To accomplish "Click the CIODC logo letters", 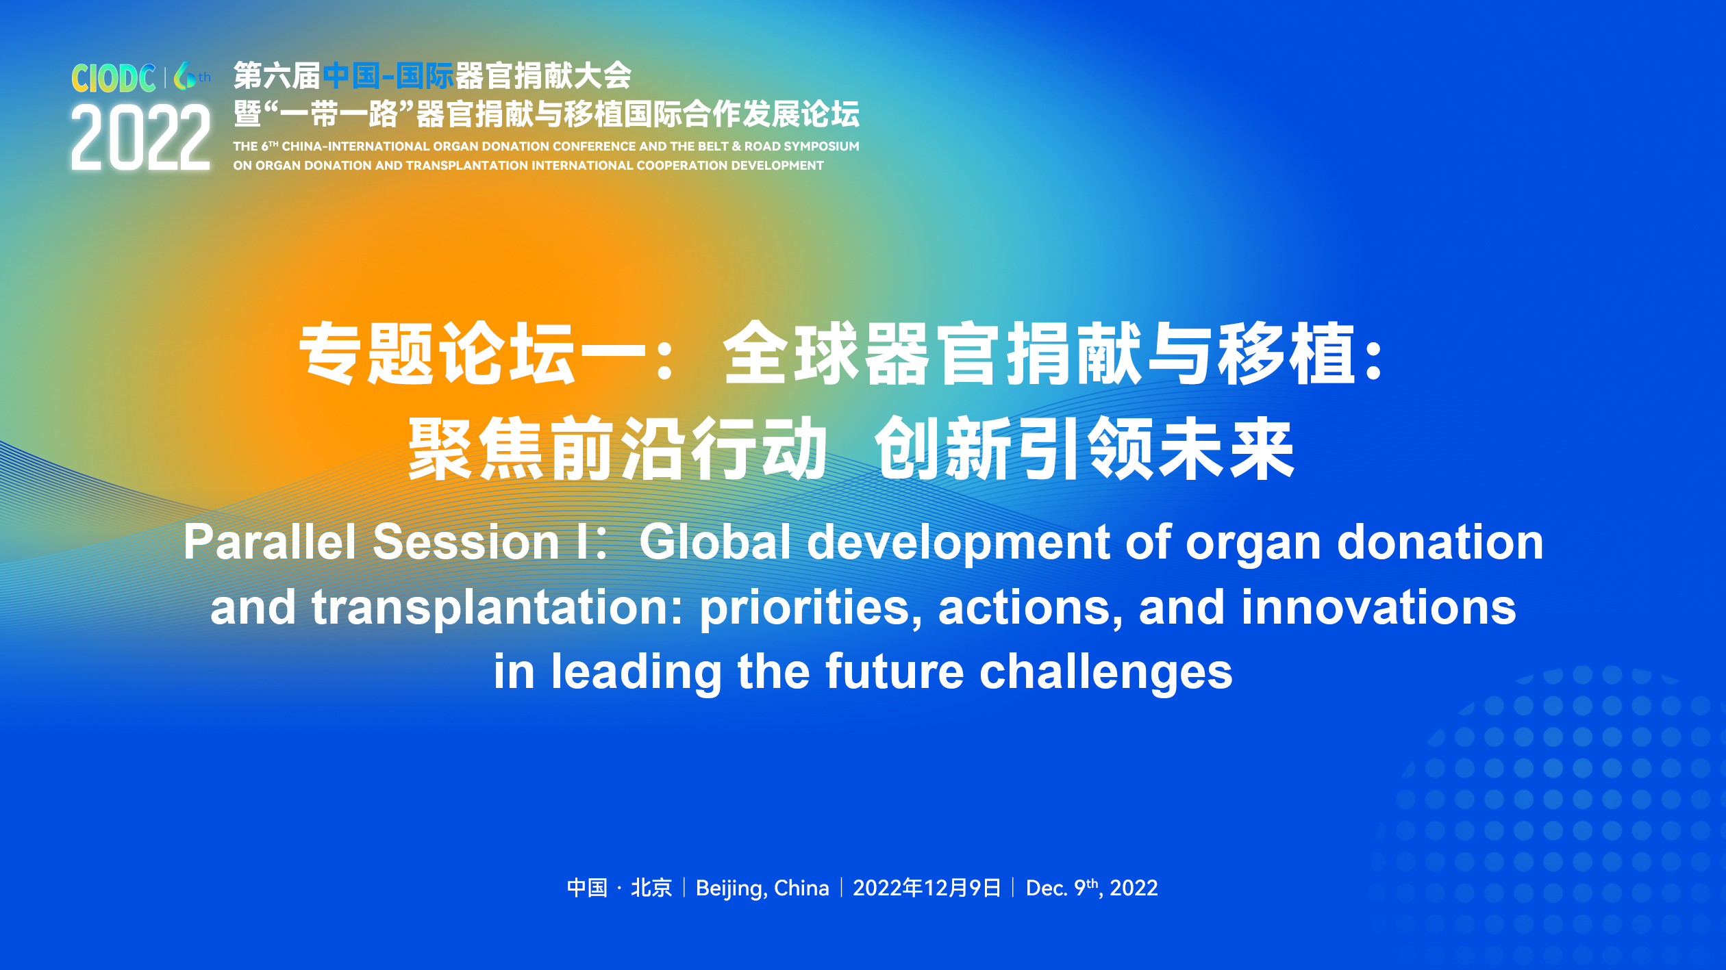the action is click(114, 78).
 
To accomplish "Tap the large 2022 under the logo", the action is click(140, 138).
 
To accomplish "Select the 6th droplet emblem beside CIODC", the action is click(192, 76).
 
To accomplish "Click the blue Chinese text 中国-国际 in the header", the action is click(388, 76).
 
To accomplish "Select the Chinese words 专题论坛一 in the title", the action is click(473, 353).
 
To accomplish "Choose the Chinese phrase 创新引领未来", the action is click(1084, 448).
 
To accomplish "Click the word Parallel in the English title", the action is click(269, 542).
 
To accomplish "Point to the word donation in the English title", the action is click(1440, 542).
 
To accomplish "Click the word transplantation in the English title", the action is click(497, 608).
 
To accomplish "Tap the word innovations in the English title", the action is click(1379, 608).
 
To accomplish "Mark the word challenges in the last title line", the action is click(1106, 672).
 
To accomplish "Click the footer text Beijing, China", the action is click(762, 888).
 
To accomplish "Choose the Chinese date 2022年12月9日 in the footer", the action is click(927, 888).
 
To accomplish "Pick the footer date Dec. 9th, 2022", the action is click(1092, 888).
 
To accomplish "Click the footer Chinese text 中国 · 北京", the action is click(619, 888).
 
